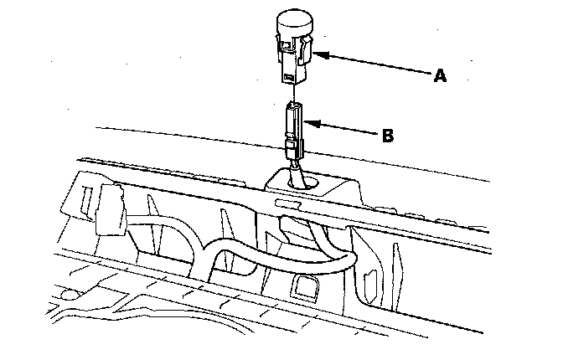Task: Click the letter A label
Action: (440, 75)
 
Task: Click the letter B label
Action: (388, 136)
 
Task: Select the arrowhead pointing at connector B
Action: (312, 123)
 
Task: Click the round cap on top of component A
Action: (294, 22)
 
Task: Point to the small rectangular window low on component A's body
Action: (288, 76)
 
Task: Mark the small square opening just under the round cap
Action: (287, 45)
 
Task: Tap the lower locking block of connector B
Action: (294, 148)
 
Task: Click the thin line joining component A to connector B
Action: (294, 93)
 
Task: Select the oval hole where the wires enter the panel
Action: (304, 182)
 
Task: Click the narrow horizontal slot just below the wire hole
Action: (287, 204)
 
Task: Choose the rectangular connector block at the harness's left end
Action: (111, 210)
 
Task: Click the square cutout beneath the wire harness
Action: (304, 286)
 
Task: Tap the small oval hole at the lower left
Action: (70, 295)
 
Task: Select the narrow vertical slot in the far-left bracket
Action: (86, 199)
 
